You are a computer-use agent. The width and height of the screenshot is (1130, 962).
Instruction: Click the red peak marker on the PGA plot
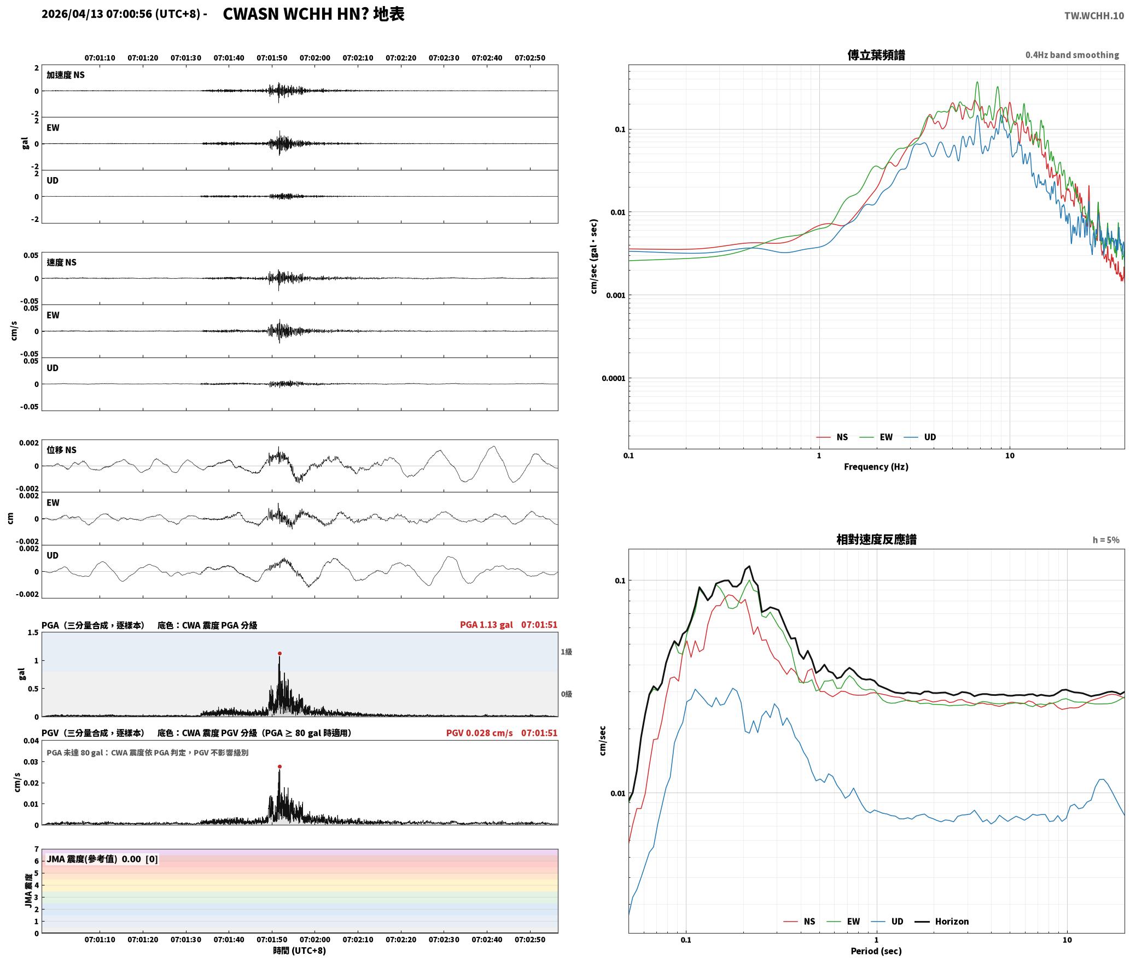[279, 653]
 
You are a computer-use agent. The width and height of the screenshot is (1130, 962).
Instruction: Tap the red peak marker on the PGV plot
[279, 766]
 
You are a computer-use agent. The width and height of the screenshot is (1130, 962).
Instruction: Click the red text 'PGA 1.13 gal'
[486, 624]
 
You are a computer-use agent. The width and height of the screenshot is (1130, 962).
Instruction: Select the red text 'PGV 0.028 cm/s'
[480, 732]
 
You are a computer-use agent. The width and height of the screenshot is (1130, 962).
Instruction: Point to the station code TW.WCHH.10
[1094, 15]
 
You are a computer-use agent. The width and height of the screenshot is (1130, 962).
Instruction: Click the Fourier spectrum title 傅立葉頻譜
[876, 55]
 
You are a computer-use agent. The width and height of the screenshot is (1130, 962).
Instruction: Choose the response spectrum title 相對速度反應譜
[876, 539]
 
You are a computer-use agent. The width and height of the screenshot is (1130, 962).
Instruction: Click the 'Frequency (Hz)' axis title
[876, 466]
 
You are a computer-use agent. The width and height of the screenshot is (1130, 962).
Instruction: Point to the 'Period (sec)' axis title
[876, 951]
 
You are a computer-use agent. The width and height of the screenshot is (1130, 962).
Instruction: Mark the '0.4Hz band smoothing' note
[1072, 55]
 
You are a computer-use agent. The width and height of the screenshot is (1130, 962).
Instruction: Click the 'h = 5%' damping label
[1106, 539]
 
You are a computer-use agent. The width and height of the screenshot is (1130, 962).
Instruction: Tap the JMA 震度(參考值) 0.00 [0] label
[102, 859]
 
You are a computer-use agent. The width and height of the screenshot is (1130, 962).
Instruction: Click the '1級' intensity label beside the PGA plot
[566, 652]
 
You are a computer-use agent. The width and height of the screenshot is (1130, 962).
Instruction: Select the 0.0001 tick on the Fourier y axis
[613, 378]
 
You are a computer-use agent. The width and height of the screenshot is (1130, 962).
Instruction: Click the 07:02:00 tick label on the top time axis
[315, 57]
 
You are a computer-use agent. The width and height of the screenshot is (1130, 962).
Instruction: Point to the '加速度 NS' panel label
[66, 75]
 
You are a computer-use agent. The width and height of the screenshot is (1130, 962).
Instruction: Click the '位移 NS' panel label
[62, 450]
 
